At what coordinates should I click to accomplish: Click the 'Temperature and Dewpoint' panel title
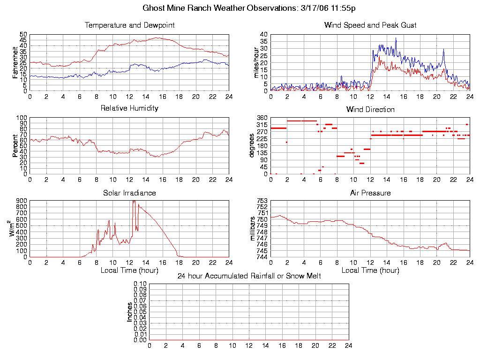click(x=129, y=25)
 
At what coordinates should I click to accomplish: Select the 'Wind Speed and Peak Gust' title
click(x=370, y=25)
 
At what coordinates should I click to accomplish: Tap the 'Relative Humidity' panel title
click(x=129, y=108)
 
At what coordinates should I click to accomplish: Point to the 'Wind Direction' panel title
click(x=370, y=110)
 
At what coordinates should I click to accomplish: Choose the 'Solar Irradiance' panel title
click(x=129, y=193)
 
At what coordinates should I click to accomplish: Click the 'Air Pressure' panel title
click(x=370, y=193)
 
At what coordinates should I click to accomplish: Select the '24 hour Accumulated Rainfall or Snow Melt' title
click(x=249, y=276)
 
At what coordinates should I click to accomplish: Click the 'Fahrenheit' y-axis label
click(x=15, y=62)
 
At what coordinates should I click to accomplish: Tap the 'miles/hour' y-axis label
click(x=256, y=62)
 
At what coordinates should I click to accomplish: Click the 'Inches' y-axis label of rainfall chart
click(x=130, y=312)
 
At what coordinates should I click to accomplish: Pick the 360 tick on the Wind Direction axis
click(x=262, y=118)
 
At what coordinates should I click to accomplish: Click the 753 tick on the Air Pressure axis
click(x=262, y=201)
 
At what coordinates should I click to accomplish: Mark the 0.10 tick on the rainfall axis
click(x=140, y=284)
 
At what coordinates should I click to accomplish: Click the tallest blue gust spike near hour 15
click(x=396, y=38)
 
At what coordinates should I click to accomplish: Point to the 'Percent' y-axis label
click(x=15, y=146)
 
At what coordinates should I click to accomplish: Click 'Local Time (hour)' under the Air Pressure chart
click(x=370, y=270)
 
